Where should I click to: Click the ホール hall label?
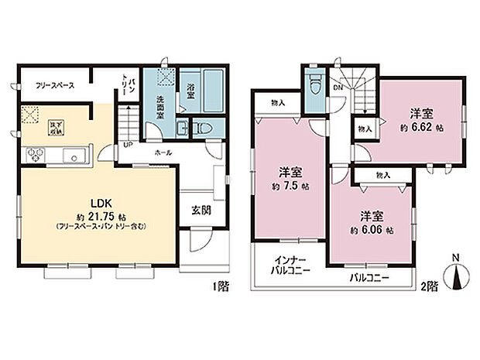pos(163,153)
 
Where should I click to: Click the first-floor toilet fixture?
pos(204,128)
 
